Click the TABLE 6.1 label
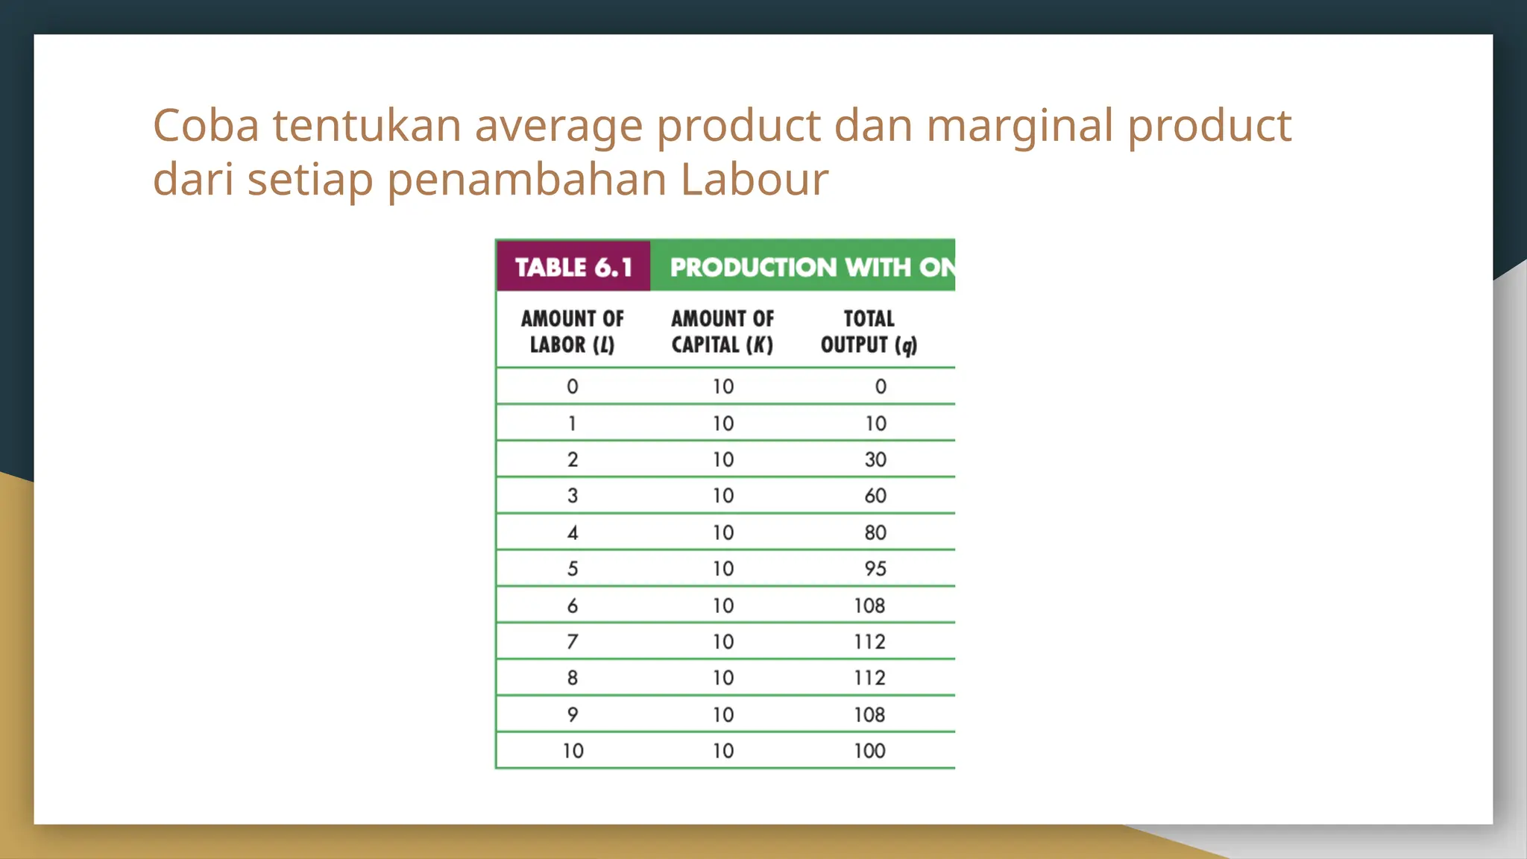coord(573,267)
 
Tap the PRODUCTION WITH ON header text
coord(811,267)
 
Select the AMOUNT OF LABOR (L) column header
coord(573,331)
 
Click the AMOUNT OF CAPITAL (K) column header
coord(722,331)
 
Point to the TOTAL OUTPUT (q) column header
coord(869,331)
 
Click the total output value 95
coord(875,569)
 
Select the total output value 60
coord(875,496)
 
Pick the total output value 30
coord(875,459)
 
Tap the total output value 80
coord(875,532)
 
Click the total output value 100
coord(869,751)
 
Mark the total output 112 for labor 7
coord(869,641)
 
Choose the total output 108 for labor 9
coord(869,714)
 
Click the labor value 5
coord(573,569)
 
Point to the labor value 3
coord(573,496)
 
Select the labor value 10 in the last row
coord(573,751)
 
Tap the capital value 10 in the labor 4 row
coord(723,532)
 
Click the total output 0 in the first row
coord(881,386)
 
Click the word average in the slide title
coord(558,125)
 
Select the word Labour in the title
coord(754,180)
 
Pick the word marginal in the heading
coord(1020,125)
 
